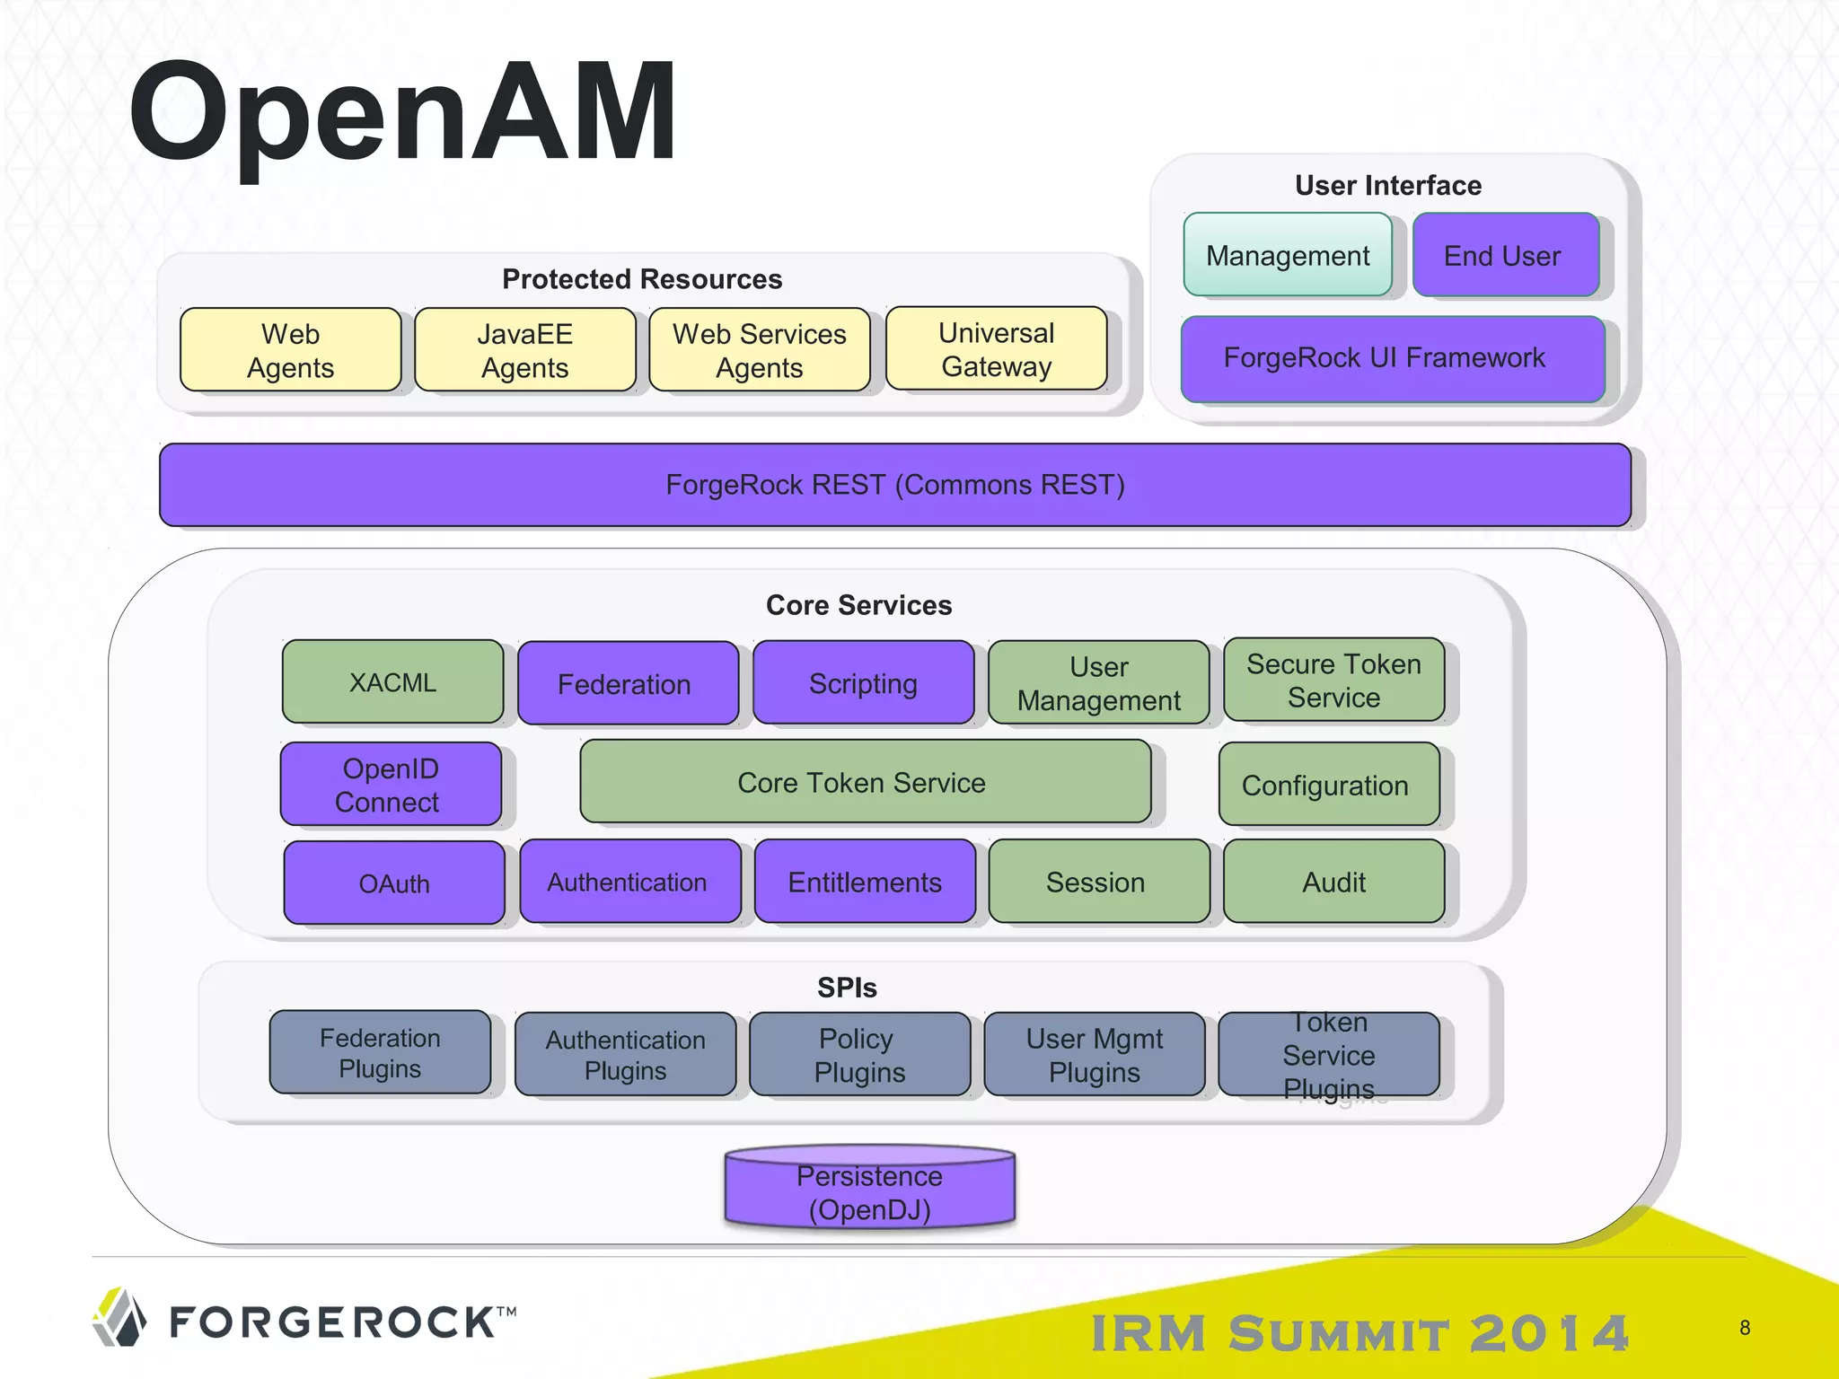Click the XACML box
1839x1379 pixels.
(392, 681)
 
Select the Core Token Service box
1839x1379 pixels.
(865, 782)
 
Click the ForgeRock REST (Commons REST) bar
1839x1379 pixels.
(894, 485)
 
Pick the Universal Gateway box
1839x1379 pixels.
(996, 349)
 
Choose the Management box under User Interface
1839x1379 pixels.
(1287, 255)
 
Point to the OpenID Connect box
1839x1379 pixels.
(391, 784)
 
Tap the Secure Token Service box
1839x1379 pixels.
(1333, 681)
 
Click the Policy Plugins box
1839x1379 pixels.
(859, 1054)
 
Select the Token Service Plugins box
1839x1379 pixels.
(1328, 1054)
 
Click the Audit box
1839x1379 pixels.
(1333, 882)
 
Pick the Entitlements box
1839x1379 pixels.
(865, 882)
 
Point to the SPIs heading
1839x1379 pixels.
(847, 988)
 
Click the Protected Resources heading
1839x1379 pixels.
(642, 279)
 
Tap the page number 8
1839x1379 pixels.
(1745, 1327)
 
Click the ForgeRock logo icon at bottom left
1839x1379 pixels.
(119, 1317)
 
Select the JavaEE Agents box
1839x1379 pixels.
(525, 350)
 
